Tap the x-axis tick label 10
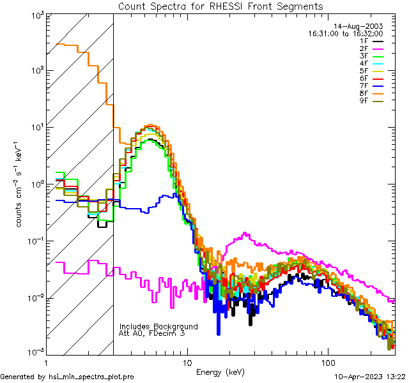coord(187,362)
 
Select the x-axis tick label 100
coord(328,362)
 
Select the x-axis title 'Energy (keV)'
coord(220,372)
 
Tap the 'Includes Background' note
coord(158,326)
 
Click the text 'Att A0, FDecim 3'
coord(151,333)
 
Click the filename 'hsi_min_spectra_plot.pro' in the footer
coord(92,377)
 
